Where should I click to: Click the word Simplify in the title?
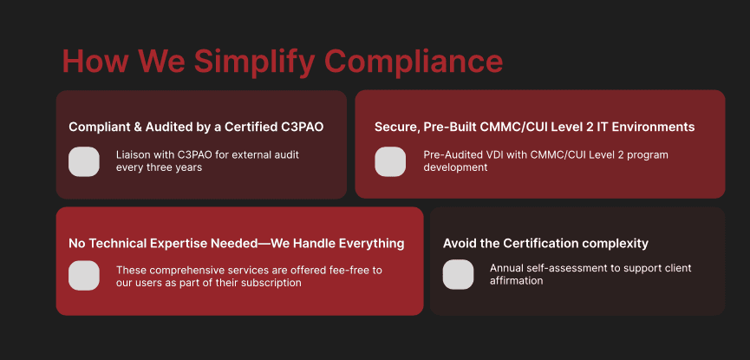254,62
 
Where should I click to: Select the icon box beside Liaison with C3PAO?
84,161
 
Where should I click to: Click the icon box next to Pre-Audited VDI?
390,161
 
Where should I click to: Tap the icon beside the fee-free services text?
84,275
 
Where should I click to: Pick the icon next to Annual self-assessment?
458,274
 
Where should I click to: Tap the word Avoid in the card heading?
458,243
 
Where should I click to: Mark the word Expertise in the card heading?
179,244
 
